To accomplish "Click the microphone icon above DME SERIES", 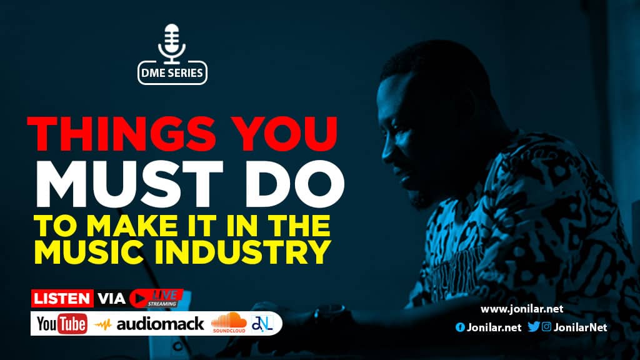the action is (x=172, y=44).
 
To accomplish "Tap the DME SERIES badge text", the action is (x=172, y=73).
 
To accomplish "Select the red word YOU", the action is (x=284, y=134).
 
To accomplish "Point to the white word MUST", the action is (x=130, y=184).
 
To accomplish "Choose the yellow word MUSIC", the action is (x=89, y=252).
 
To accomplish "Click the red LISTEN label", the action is (x=62, y=298).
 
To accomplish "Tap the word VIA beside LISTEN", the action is (x=111, y=298).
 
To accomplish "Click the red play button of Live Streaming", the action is (x=139, y=298).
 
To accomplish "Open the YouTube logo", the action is (x=62, y=324).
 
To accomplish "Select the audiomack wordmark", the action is (x=160, y=324).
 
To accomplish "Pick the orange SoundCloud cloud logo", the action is (x=229, y=321).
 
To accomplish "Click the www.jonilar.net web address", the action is (x=522, y=309).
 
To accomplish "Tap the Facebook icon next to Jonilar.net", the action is (x=460, y=327).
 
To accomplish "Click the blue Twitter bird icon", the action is (x=534, y=326).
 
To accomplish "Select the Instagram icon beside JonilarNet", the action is (x=546, y=326).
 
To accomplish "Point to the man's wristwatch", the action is (x=329, y=315).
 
